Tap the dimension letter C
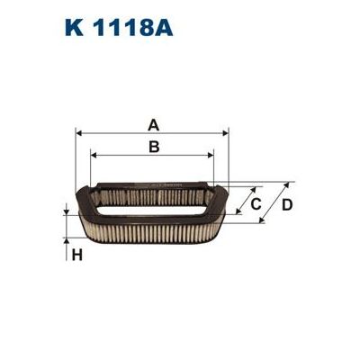(256, 204)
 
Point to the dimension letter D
(287, 204)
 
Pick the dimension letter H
(77, 255)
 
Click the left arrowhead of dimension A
(81, 133)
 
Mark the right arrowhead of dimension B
(211, 154)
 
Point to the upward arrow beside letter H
(67, 238)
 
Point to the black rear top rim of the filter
(153, 179)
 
